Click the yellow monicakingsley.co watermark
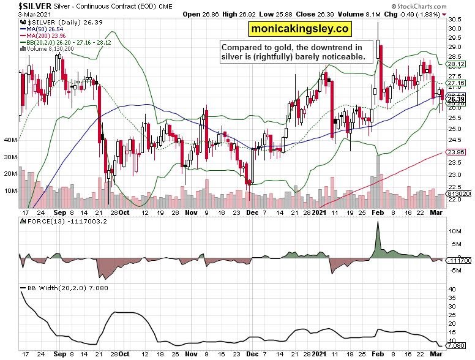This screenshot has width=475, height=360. (299, 28)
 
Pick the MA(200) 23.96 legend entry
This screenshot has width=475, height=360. (49, 36)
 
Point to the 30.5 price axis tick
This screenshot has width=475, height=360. (455, 20)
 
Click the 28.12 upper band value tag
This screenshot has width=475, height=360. (457, 64)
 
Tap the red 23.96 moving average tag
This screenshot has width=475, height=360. (457, 152)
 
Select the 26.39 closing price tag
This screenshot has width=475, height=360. (457, 99)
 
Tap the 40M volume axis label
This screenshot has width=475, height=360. (10, 140)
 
